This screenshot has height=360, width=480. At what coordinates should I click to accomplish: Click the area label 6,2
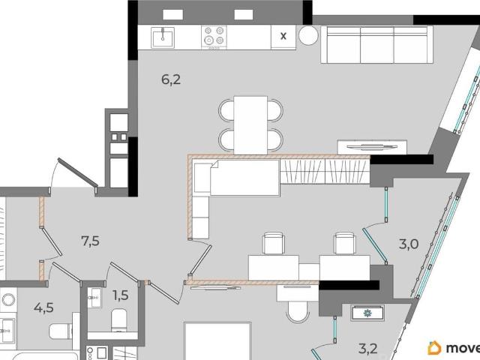coord(171,80)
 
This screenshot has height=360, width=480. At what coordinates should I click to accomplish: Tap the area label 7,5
coord(90,241)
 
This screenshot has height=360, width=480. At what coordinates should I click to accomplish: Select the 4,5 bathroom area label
coord(43,307)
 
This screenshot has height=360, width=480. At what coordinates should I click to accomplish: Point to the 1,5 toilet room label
coord(121,295)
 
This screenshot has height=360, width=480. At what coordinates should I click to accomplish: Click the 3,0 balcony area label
coord(409,244)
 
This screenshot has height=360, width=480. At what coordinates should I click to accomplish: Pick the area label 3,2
coord(368,348)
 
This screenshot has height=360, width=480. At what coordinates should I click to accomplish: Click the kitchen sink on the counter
coord(163,37)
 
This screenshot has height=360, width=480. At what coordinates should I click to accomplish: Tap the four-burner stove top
coord(214,37)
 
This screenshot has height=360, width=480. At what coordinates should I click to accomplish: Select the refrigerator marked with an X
coord(283,37)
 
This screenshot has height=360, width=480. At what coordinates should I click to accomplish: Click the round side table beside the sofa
coord(308,35)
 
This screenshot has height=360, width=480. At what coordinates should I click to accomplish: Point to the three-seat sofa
coord(376,45)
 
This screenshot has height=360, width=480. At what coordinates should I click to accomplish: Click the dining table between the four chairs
coord(250,125)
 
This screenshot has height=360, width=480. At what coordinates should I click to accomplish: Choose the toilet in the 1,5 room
coord(118,320)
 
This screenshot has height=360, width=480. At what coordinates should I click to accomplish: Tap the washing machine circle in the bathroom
coord(8,300)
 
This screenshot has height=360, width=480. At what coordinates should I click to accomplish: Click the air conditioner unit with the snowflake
coord(367,313)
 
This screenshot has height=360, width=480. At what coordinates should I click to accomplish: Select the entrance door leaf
coord(78,172)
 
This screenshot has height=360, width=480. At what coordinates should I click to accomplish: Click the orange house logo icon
coord(434,348)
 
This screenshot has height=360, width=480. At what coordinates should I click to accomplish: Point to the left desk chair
coord(273,243)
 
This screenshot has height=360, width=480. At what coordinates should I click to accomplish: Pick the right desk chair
coord(345,243)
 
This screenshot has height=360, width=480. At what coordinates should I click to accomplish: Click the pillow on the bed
coord(202,178)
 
